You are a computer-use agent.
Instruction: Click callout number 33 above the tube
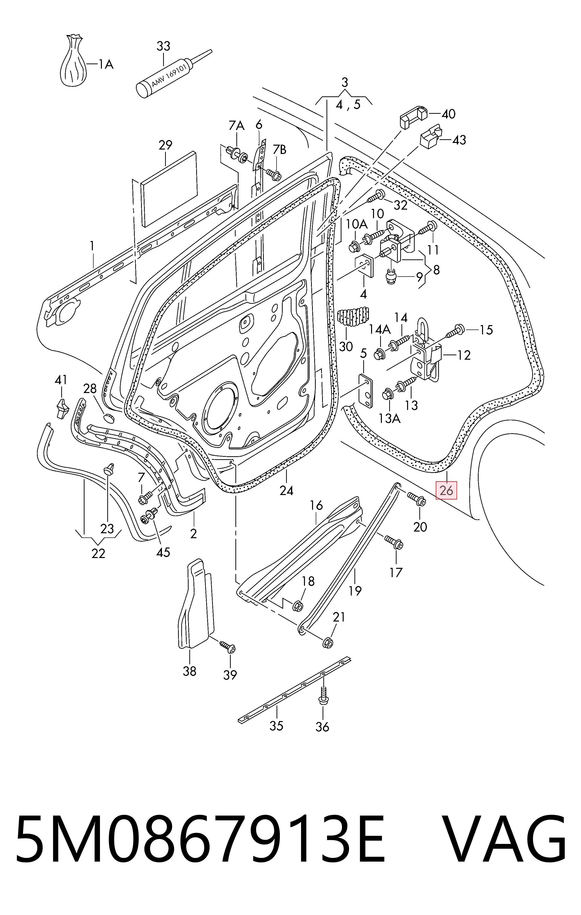163,46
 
